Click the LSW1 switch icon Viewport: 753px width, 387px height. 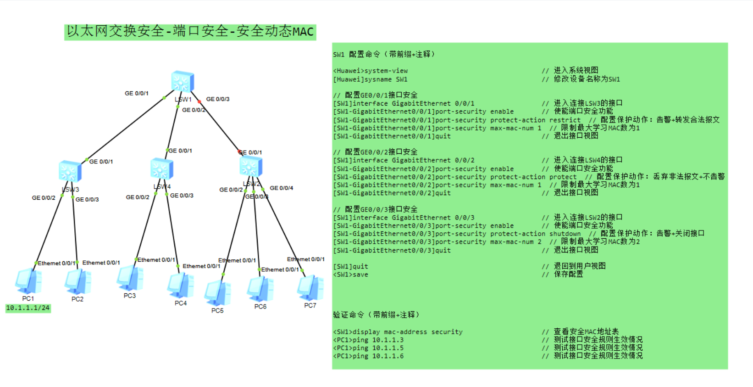(x=183, y=82)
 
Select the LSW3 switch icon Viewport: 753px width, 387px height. (x=70, y=172)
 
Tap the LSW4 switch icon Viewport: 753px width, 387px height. (x=162, y=169)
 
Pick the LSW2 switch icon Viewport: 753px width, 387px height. (x=251, y=166)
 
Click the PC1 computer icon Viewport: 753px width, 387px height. (x=28, y=281)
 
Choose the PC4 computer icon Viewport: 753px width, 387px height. (x=180, y=286)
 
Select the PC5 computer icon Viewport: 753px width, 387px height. (x=217, y=293)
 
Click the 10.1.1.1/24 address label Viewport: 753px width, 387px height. (x=28, y=308)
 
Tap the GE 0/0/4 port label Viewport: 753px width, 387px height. (x=281, y=188)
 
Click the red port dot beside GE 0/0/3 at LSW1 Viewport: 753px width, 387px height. (x=199, y=101)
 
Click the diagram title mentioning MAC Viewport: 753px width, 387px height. (x=190, y=32)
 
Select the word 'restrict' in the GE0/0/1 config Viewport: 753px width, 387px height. (x=565, y=120)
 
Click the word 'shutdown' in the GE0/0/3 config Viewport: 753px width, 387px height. (x=565, y=234)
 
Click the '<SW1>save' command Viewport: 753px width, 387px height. (x=351, y=275)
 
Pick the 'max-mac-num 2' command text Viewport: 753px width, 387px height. (x=515, y=242)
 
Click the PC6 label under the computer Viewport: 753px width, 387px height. (x=260, y=307)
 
